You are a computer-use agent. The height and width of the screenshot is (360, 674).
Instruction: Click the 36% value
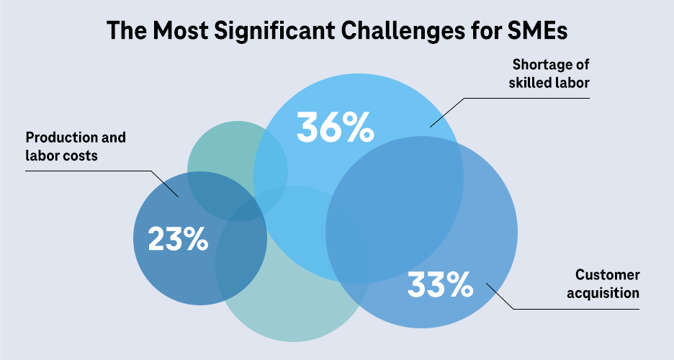click(x=336, y=127)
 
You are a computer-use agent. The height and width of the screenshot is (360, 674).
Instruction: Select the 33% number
click(x=440, y=284)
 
